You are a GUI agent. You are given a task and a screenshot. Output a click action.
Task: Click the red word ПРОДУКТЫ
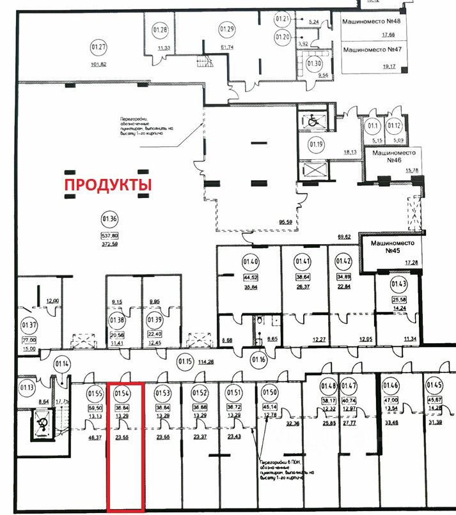(x=107, y=185)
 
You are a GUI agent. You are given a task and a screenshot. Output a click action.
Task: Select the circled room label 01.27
(x=98, y=47)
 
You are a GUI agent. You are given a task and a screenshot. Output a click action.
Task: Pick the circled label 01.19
(x=317, y=144)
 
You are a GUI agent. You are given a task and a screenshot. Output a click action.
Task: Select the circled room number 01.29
(x=227, y=29)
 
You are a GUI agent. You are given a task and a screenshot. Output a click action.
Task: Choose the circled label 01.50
(x=271, y=392)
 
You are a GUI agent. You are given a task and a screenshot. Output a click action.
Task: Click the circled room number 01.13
(x=27, y=387)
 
